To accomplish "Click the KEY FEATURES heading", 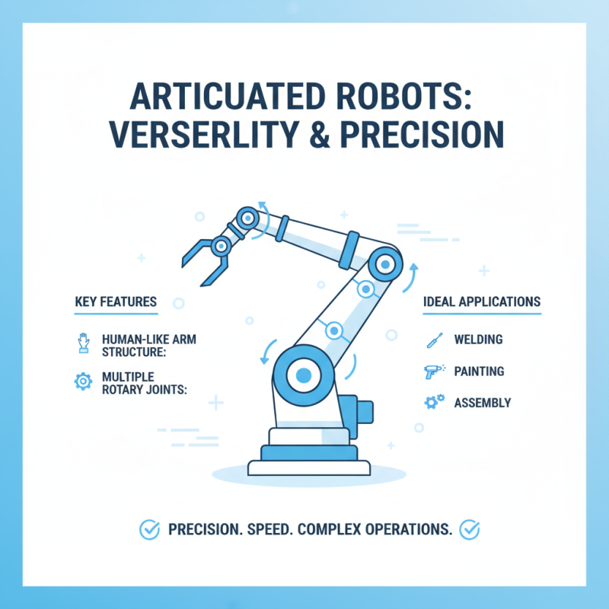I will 116,302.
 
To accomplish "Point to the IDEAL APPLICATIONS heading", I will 481,302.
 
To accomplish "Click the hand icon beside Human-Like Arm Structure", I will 83,341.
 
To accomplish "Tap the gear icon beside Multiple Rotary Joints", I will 83,381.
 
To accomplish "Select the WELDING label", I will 478,340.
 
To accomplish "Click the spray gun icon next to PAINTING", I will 432,371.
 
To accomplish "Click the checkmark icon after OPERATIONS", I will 470,528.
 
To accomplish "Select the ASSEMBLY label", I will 482,403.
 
